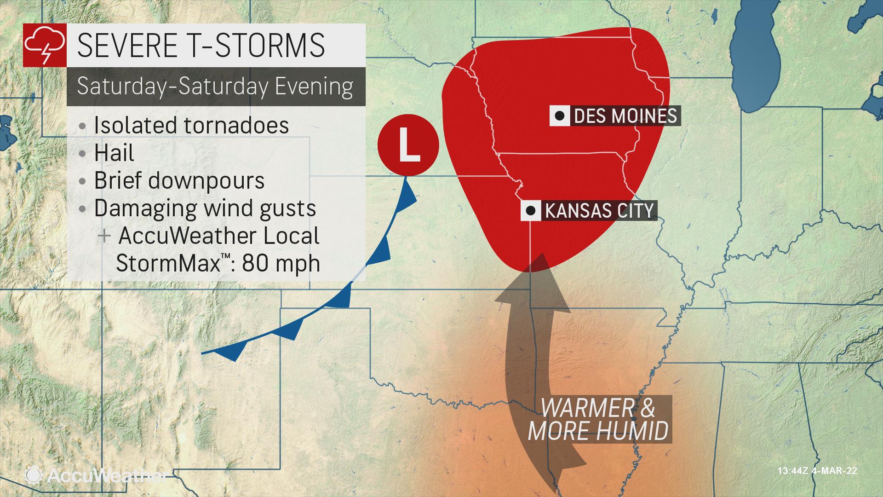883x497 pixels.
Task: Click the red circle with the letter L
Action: click(408, 144)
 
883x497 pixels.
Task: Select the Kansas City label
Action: click(598, 211)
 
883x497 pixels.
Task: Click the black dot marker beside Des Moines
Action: click(559, 116)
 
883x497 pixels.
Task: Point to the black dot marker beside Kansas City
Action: click(530, 211)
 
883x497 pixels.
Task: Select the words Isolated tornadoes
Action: click(191, 125)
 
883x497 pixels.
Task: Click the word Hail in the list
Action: click(114, 153)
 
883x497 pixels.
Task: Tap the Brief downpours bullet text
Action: click(179, 180)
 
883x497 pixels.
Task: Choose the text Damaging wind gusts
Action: click(205, 208)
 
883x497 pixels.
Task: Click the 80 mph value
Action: click(281, 263)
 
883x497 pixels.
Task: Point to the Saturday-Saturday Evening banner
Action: click(215, 87)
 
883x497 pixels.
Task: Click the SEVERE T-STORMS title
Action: click(201, 46)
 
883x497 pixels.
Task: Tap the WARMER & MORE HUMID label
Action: click(598, 419)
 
